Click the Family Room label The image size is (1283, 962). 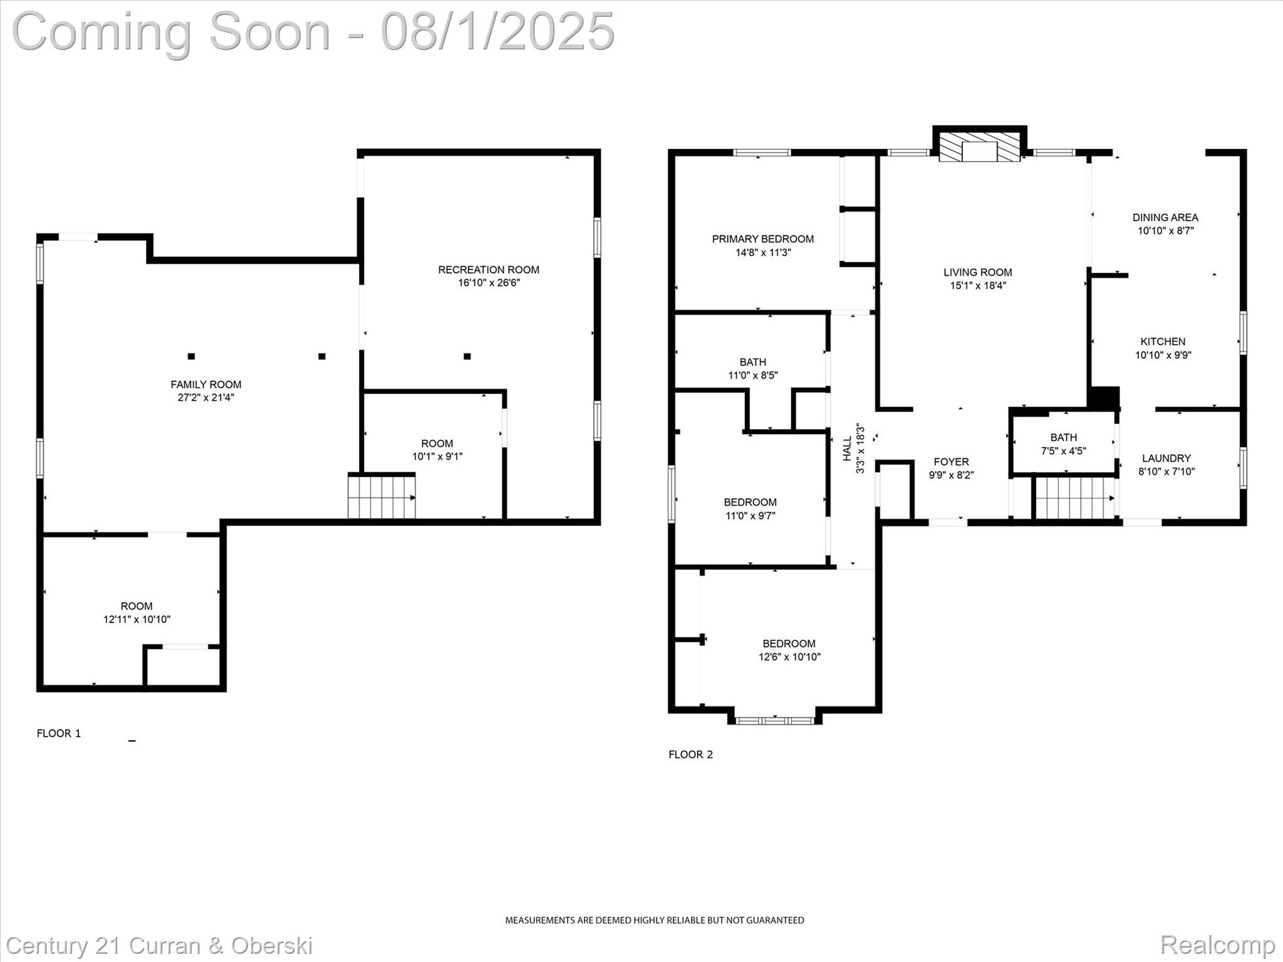205,385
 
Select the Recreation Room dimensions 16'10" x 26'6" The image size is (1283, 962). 489,283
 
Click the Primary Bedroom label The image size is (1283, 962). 762,239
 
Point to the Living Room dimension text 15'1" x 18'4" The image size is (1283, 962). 978,286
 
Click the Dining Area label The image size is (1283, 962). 1165,217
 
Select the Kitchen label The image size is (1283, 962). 1163,341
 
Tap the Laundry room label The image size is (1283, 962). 1166,458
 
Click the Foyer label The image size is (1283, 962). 950,462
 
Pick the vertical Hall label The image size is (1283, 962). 847,448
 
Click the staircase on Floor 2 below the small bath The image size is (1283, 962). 1073,498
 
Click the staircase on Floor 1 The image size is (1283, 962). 381,498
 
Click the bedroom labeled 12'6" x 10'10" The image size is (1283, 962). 789,650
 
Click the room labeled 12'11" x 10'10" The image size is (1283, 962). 137,613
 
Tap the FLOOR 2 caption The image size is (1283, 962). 690,755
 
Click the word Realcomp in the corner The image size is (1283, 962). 1217,944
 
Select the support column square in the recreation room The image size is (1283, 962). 467,356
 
